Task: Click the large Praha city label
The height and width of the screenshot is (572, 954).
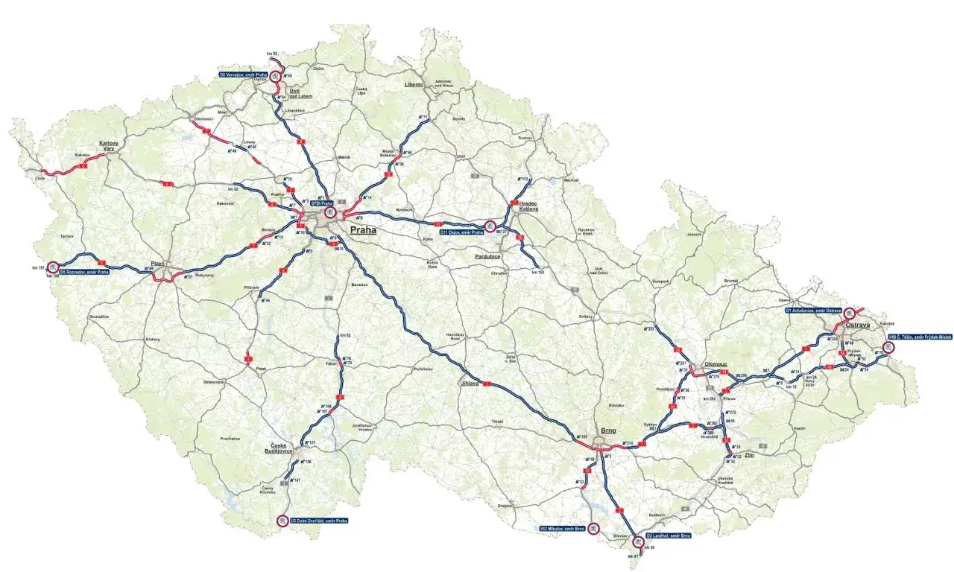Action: (363, 230)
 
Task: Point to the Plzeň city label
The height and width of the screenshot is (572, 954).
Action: (157, 264)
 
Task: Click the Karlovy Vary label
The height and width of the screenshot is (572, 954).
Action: (110, 146)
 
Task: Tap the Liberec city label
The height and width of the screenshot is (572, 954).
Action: (414, 85)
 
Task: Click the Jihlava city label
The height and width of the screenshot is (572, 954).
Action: (469, 383)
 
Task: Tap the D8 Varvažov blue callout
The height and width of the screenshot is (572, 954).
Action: (243, 74)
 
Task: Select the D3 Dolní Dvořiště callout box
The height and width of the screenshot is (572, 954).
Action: (318, 520)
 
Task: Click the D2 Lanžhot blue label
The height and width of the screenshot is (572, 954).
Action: (669, 536)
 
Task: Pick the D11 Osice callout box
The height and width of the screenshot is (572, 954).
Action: (462, 232)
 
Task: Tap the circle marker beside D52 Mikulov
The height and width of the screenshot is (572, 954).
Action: (593, 528)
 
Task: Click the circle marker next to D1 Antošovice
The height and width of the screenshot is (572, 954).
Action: (849, 314)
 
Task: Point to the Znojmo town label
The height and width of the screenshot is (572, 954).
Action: (506, 505)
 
